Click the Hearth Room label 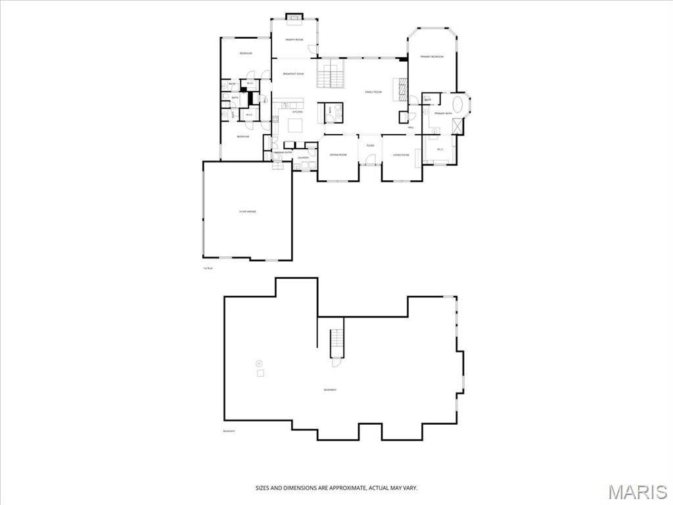click(x=294, y=39)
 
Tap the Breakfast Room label click(x=293, y=74)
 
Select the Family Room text click(x=373, y=92)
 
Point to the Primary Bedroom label click(x=432, y=57)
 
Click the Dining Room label click(x=338, y=155)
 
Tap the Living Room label click(x=401, y=155)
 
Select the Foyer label click(x=370, y=145)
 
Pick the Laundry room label click(x=303, y=158)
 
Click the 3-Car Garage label click(x=248, y=211)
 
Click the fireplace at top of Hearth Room click(x=294, y=16)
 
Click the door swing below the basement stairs click(x=336, y=361)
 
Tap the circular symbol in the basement click(x=259, y=362)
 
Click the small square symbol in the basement click(x=260, y=373)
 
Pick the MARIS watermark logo click(x=638, y=492)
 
